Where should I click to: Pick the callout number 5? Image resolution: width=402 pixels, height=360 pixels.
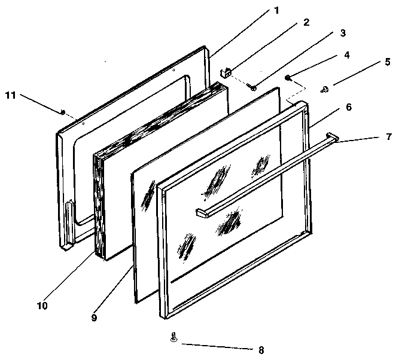click(388, 62)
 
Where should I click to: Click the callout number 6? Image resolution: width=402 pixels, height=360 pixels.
click(365, 107)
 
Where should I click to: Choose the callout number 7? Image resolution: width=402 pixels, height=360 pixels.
click(389, 137)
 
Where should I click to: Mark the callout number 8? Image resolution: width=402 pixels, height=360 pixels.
click(260, 350)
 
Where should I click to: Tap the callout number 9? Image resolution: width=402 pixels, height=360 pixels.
click(93, 318)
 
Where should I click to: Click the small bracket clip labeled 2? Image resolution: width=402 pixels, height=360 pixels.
click(227, 73)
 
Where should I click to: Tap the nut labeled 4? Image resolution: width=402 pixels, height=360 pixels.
click(288, 77)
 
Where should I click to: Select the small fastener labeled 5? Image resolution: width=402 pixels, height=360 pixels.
click(325, 90)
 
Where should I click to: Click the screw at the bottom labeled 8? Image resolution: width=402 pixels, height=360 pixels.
click(173, 337)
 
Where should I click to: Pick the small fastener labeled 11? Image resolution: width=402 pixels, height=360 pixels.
click(63, 112)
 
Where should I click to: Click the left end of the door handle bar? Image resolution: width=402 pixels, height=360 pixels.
click(200, 212)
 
